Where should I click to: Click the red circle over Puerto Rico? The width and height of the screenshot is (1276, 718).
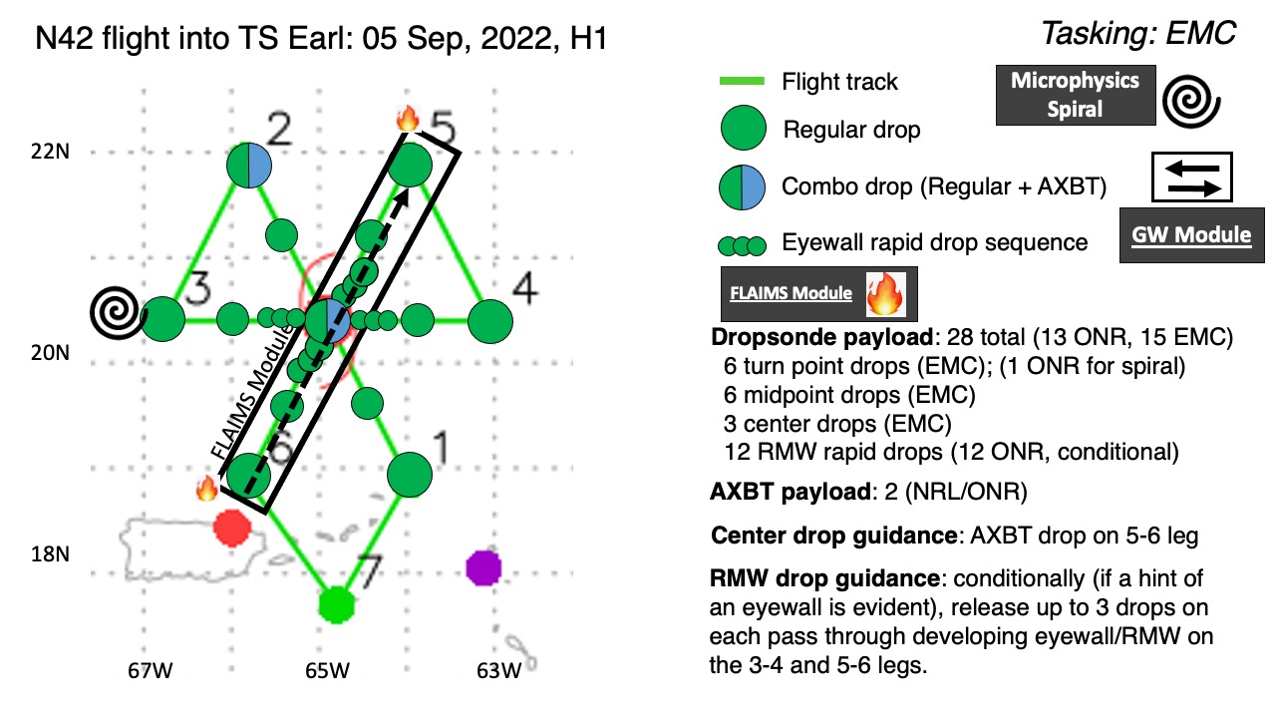[232, 529]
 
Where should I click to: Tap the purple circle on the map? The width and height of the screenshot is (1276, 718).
[483, 567]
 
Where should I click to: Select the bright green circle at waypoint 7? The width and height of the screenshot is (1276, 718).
[336, 604]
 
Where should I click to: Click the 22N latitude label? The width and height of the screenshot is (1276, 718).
[50, 152]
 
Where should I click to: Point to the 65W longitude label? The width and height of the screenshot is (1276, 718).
[327, 671]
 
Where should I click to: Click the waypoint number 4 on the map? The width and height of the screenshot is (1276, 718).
[524, 288]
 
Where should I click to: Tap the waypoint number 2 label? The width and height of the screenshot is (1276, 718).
[279, 130]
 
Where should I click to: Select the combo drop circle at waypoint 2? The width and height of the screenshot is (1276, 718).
[249, 166]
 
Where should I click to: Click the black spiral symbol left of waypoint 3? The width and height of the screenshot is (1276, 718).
[116, 312]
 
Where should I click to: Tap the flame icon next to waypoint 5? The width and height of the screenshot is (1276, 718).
[408, 119]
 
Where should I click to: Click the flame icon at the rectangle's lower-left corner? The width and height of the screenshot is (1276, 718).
[206, 489]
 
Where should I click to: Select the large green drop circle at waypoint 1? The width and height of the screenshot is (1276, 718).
[409, 474]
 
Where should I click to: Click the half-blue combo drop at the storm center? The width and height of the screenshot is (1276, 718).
[328, 321]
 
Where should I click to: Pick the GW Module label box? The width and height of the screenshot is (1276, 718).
[1191, 235]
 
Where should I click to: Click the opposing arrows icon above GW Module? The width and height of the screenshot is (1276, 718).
[1192, 178]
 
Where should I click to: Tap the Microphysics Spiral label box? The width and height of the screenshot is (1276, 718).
[1076, 95]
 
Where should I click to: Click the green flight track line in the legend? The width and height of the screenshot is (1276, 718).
[742, 81]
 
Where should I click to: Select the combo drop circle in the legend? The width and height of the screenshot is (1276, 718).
[742, 186]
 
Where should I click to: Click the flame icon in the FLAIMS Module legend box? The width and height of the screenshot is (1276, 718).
[885, 294]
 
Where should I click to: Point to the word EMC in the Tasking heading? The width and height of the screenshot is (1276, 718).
[1201, 33]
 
